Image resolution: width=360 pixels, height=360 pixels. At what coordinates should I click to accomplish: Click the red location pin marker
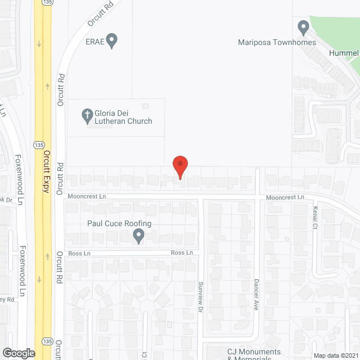click(x=180, y=166)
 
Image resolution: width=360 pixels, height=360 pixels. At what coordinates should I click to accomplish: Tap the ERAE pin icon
click(x=112, y=40)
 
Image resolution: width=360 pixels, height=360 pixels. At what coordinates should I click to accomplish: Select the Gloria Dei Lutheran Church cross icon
click(x=87, y=116)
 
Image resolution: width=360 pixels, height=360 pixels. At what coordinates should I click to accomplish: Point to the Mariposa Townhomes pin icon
click(x=304, y=27)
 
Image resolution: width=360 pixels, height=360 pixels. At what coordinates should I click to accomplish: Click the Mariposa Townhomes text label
click(x=277, y=43)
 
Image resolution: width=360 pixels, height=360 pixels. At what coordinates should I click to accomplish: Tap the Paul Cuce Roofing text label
click(x=119, y=223)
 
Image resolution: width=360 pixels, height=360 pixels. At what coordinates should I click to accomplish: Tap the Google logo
click(x=19, y=353)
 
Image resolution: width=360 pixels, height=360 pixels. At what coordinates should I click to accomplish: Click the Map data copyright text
click(x=335, y=355)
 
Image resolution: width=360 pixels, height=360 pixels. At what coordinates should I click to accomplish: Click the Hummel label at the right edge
click(x=345, y=53)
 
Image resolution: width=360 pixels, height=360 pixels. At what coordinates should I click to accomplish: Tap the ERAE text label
click(x=94, y=40)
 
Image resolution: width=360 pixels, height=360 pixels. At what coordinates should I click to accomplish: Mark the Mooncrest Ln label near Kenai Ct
click(x=285, y=197)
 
